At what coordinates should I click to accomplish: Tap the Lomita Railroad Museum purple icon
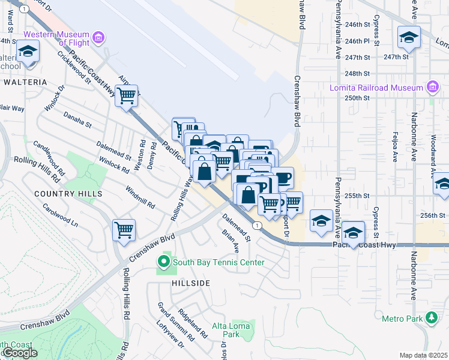coord(432,88)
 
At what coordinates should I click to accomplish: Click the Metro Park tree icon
coord(432,317)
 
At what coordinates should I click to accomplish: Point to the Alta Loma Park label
coord(226,329)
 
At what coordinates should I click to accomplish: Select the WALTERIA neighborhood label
coord(24,82)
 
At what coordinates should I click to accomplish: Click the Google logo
coord(19,353)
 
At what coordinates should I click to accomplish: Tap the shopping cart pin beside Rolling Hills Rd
coord(124,230)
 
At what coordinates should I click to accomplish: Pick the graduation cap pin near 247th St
coord(409,38)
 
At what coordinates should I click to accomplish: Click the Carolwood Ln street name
coord(60,215)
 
